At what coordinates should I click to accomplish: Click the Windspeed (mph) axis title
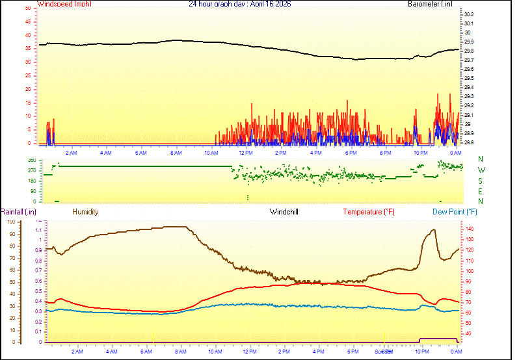coord(64,4)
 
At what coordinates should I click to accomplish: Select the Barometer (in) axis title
coord(430,4)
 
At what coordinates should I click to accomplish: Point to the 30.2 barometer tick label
coord(469,14)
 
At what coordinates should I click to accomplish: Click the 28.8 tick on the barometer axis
coord(469,142)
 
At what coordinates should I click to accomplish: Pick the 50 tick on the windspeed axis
coord(27,8)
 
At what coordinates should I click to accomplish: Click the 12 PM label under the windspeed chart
coord(246,153)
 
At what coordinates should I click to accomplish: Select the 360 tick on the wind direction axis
coord(31,160)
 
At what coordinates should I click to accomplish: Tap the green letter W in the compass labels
coord(481,170)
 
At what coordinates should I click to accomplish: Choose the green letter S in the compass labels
coord(481,181)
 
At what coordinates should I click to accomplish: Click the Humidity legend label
coord(85,212)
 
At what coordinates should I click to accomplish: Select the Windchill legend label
coord(284,212)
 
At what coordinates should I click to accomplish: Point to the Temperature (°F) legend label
coord(369,212)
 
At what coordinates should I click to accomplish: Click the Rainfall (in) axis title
coord(18,212)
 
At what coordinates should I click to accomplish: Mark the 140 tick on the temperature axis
coord(470,229)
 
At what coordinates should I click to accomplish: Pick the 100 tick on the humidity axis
coord(10,222)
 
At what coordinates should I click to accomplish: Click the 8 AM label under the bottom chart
coord(180,352)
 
